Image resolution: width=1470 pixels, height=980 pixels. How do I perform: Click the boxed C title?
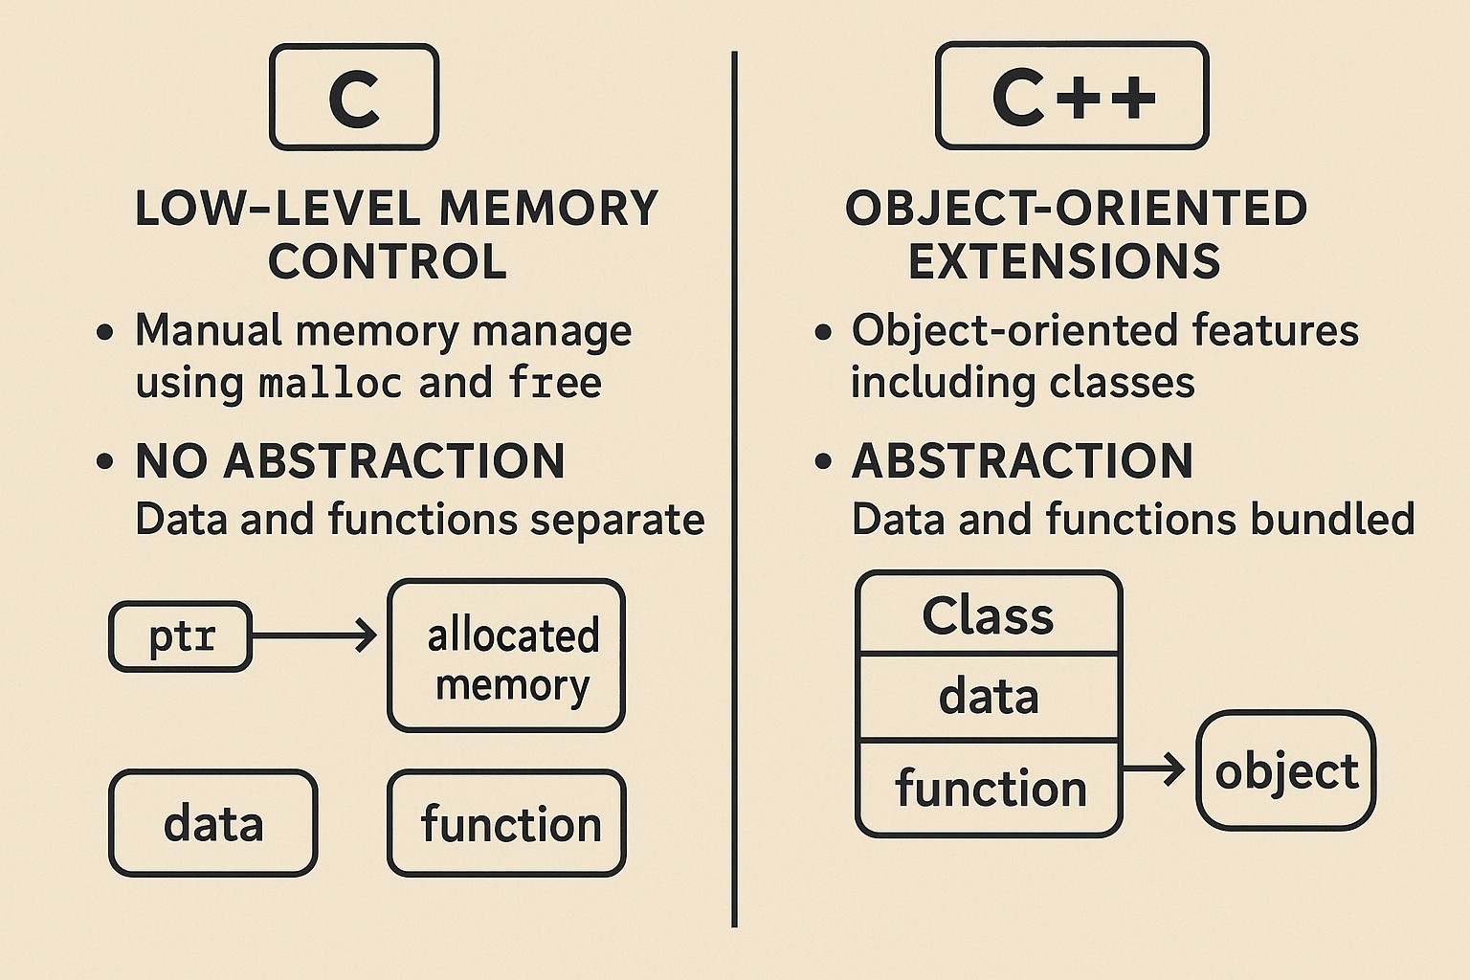354,98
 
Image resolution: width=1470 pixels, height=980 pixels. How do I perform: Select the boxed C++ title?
1072,96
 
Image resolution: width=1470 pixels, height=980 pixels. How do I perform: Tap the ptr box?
181,636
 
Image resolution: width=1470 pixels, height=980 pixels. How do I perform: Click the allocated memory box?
506,657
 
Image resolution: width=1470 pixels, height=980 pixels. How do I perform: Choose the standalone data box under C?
212,823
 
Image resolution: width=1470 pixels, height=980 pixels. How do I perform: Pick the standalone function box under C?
506,823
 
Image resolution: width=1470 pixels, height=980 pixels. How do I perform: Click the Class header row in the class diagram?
988,614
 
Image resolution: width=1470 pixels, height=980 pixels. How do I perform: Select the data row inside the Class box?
988,697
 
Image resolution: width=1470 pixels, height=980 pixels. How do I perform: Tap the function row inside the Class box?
990,789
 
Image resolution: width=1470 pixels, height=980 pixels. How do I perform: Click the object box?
1285,770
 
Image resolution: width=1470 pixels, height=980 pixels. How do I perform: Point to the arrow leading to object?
1156,768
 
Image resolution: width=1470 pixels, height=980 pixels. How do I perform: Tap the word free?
555,383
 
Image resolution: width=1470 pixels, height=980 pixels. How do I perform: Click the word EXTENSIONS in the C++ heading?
1064,261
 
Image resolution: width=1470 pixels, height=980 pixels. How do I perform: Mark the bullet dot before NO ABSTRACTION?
105,462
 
